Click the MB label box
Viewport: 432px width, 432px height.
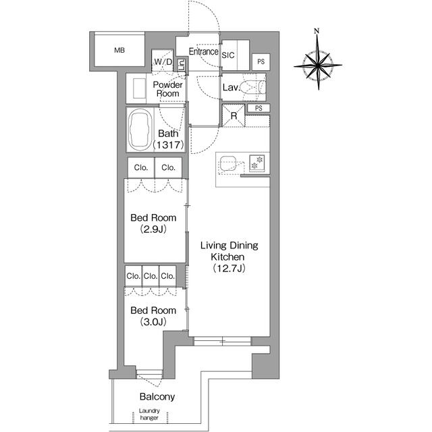tap(119, 51)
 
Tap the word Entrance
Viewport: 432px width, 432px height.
tap(202, 51)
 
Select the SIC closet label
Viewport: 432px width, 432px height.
tap(227, 56)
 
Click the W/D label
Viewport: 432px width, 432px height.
tap(163, 63)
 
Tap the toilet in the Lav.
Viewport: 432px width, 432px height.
tap(255, 87)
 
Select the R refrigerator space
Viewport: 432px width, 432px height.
tap(233, 115)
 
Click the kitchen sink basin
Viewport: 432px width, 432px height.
tap(227, 163)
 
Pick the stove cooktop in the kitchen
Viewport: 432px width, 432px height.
tap(256, 163)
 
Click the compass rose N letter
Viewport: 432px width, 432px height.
tap(317, 31)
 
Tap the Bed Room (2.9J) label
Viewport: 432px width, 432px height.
tap(153, 223)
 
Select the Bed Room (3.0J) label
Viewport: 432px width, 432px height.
tap(153, 316)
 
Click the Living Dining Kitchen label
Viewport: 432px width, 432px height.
tap(230, 251)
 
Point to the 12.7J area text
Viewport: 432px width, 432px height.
tap(230, 269)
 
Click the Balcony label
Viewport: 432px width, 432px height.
tap(157, 397)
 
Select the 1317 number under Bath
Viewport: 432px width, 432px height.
tap(167, 145)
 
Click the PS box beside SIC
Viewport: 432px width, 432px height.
tap(261, 61)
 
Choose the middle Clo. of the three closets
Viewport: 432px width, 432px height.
tap(150, 275)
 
